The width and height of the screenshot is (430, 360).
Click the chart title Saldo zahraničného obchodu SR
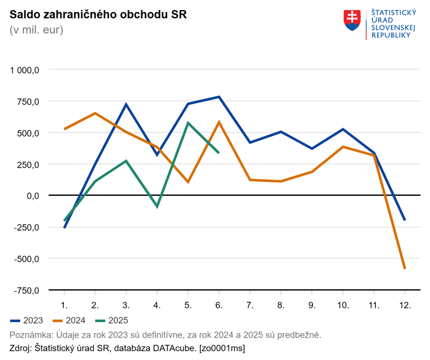98,15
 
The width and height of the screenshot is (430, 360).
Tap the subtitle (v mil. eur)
36,30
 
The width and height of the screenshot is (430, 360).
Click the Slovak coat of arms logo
352,21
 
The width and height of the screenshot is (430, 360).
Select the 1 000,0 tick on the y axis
25,70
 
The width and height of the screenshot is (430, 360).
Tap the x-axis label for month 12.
405,305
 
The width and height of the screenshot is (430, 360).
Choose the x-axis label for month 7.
250,305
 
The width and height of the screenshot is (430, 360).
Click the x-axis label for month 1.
64,305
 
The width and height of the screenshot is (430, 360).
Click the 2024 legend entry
69,321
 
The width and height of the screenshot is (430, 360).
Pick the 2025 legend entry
111,321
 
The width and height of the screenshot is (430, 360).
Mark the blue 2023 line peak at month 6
219,97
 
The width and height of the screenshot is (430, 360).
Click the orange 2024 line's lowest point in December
405,268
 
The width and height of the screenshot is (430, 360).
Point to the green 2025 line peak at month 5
188,123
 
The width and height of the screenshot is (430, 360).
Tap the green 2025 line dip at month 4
157,207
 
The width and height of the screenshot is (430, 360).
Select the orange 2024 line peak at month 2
95,113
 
